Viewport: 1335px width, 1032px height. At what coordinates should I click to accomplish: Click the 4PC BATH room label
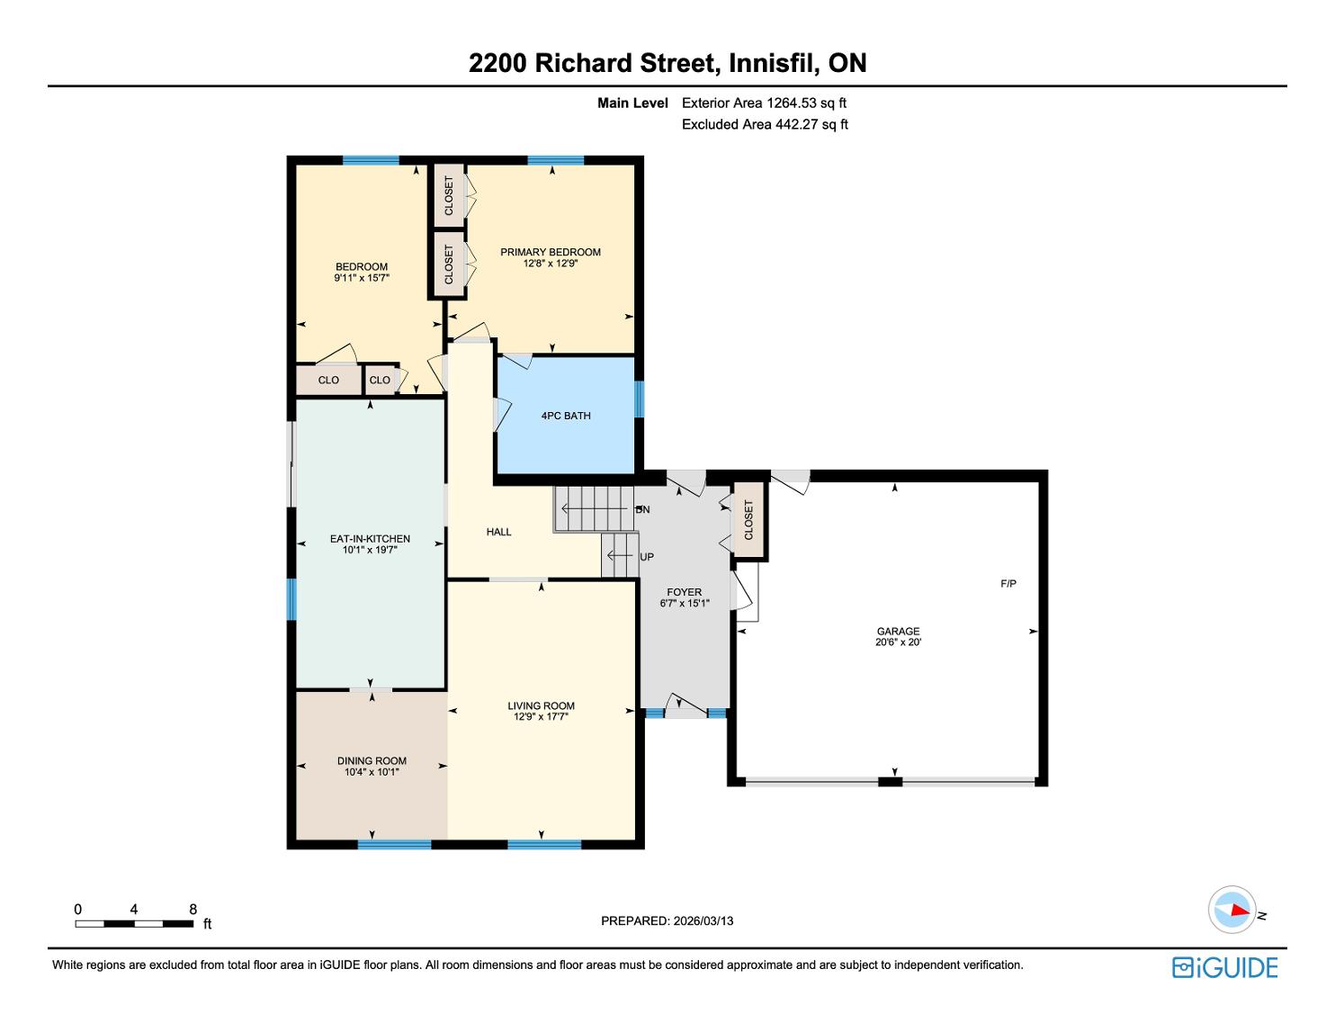pos(565,416)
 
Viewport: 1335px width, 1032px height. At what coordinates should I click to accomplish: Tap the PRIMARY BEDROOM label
pos(550,252)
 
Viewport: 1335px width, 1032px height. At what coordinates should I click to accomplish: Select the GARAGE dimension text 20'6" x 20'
pos(898,642)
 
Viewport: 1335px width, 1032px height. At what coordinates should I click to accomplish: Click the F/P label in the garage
pos(1008,584)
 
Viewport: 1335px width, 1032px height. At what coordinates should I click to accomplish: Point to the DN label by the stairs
pos(642,509)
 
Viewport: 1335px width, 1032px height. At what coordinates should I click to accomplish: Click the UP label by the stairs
pos(646,557)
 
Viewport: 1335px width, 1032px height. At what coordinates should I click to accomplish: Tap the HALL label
pos(499,532)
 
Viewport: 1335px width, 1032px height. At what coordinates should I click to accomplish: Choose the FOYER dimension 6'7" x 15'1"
pos(685,603)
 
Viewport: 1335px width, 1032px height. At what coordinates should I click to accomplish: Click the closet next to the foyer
pos(748,520)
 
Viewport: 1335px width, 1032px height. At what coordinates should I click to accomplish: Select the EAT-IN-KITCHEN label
pos(370,539)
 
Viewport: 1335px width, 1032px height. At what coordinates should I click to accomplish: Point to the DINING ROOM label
pos(372,760)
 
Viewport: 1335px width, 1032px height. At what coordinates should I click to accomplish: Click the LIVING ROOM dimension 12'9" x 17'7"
pos(541,716)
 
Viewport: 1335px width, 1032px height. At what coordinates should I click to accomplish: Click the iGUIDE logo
pos(1225,967)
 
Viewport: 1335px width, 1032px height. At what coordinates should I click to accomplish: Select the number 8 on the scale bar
pos(193,909)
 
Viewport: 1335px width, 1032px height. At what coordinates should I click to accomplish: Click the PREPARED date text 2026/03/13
pos(703,920)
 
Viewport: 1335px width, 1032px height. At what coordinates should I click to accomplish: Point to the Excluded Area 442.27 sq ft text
pos(765,124)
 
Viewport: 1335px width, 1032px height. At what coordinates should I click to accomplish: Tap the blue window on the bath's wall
pos(639,399)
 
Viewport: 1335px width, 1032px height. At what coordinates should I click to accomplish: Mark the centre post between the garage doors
pos(891,781)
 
